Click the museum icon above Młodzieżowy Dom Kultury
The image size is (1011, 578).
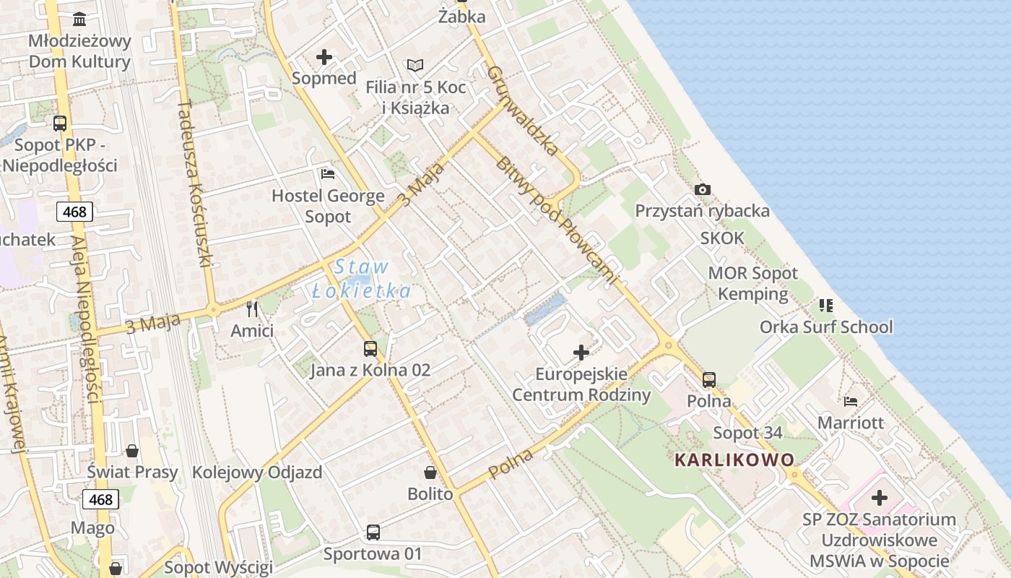pos(79,18)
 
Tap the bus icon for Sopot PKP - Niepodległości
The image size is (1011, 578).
pos(60,123)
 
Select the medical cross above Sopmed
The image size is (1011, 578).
pos(324,56)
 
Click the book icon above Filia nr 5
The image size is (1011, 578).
pos(415,66)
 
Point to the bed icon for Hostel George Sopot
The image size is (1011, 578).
pos(327,174)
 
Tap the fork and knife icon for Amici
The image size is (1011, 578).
pos(252,309)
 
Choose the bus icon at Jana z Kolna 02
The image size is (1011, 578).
pos(370,349)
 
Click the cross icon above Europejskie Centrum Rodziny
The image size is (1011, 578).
pos(581,353)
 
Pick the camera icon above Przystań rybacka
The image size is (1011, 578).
pos(702,189)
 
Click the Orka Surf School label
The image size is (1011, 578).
pos(826,327)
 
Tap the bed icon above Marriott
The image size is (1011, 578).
pos(851,401)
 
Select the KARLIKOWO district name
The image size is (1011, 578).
pos(734,460)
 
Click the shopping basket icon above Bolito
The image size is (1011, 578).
pos(430,473)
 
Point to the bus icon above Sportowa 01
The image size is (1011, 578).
pos(373,532)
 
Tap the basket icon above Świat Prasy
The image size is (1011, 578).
pos(132,451)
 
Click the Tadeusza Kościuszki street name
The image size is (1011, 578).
pos(194,184)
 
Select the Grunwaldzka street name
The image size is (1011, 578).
pos(523,111)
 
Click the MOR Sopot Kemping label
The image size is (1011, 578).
pos(753,283)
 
